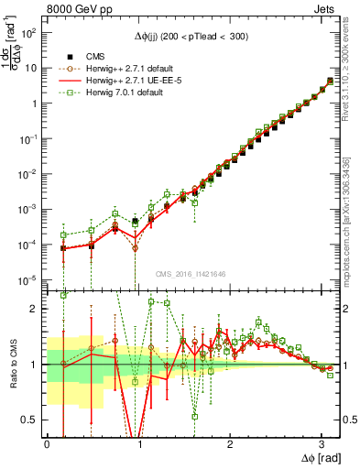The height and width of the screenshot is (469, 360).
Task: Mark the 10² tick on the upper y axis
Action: coord(32,33)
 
